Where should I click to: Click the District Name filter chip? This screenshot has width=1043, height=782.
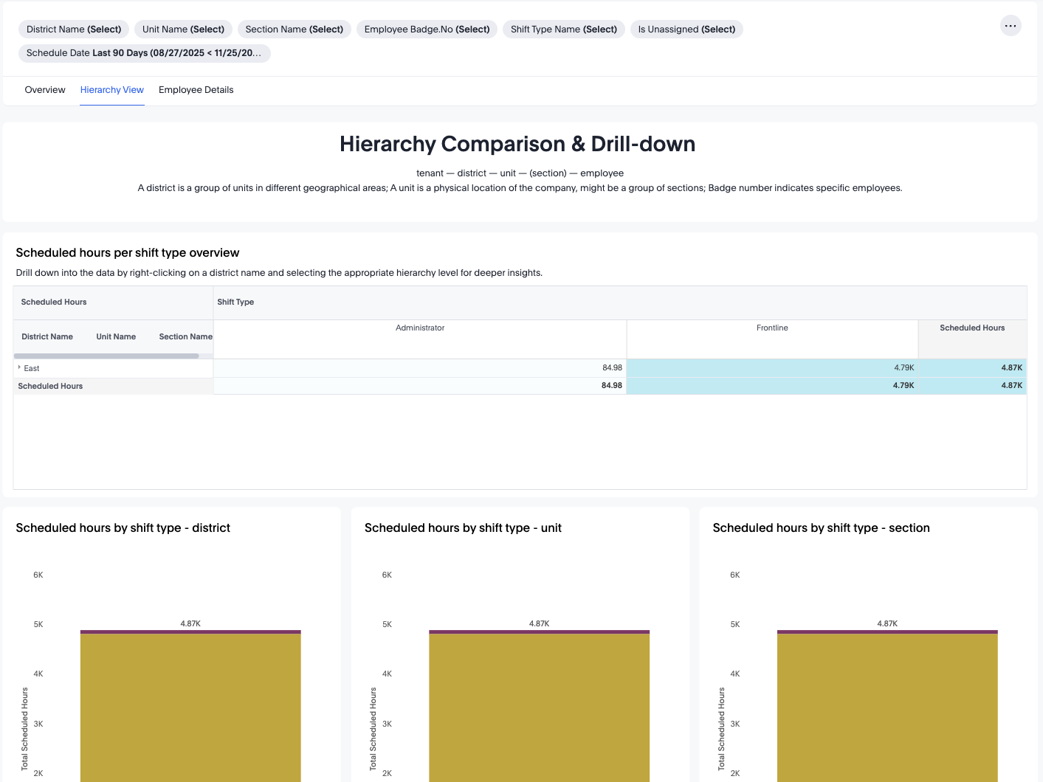tap(74, 30)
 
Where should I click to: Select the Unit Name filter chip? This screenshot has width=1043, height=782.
tap(183, 30)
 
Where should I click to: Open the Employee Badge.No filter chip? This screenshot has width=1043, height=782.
tap(427, 30)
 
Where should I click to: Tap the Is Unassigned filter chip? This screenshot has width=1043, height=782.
tap(686, 30)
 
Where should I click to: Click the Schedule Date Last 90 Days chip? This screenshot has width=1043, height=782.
tap(144, 53)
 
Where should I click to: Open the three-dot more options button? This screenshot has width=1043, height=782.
tap(1011, 26)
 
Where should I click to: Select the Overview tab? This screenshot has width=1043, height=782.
tap(45, 90)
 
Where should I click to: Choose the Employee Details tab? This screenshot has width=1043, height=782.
tap(196, 90)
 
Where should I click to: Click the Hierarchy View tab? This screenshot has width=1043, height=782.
tap(112, 90)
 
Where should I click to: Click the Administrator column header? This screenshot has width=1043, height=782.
tap(420, 328)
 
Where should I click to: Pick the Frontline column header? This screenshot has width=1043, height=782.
tap(772, 328)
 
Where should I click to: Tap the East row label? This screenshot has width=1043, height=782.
tap(32, 368)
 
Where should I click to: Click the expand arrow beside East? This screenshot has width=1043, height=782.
tap(19, 367)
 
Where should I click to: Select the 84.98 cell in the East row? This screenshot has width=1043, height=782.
tap(612, 368)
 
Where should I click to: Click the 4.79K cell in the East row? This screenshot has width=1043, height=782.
tap(903, 368)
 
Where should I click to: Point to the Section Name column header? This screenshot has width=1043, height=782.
tap(185, 337)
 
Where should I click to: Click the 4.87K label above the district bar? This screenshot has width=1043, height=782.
tap(190, 624)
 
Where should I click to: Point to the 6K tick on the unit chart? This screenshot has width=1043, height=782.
tap(387, 575)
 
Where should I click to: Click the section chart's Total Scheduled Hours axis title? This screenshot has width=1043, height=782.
tap(721, 729)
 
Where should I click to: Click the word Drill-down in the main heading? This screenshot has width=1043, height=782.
tap(643, 144)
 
